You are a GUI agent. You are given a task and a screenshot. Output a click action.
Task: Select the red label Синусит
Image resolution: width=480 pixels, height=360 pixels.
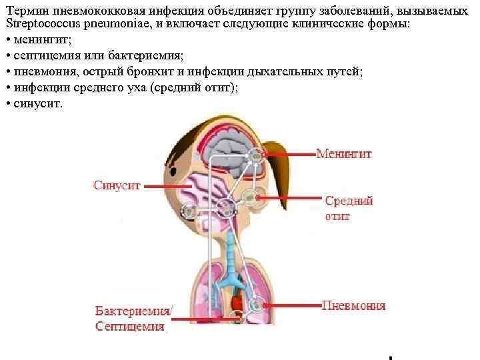(117, 186)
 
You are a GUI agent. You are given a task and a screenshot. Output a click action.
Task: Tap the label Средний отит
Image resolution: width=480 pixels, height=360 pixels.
(348, 208)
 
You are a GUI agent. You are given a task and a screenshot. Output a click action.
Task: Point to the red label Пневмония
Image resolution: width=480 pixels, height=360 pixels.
(353, 306)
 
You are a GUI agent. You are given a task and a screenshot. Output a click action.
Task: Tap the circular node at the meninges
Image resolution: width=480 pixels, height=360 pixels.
(255, 156)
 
